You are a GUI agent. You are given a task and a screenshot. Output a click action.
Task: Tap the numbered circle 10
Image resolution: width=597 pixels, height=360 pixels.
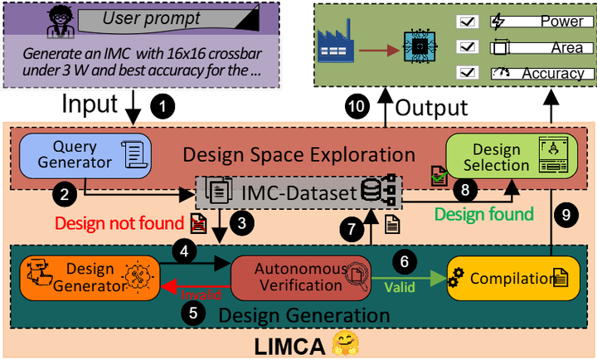pos(356,107)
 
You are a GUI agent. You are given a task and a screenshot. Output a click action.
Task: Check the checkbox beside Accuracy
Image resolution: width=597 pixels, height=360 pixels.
pos(466,73)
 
